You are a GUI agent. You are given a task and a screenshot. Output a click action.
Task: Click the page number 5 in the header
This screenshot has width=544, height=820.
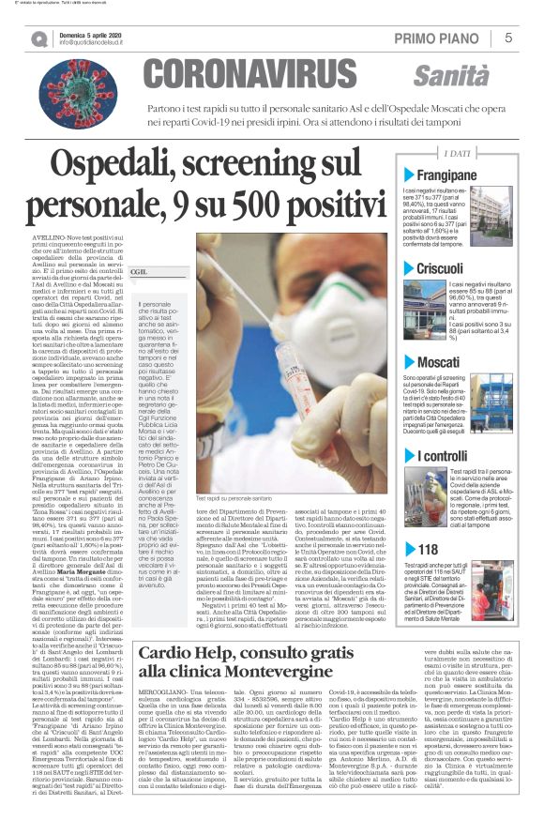pyautogui.click(x=507, y=38)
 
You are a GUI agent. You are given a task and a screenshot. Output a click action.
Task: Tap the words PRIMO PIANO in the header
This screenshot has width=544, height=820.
pyautogui.click(x=440, y=38)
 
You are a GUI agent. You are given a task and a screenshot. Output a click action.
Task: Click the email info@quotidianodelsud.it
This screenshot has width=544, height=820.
pyautogui.click(x=94, y=43)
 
